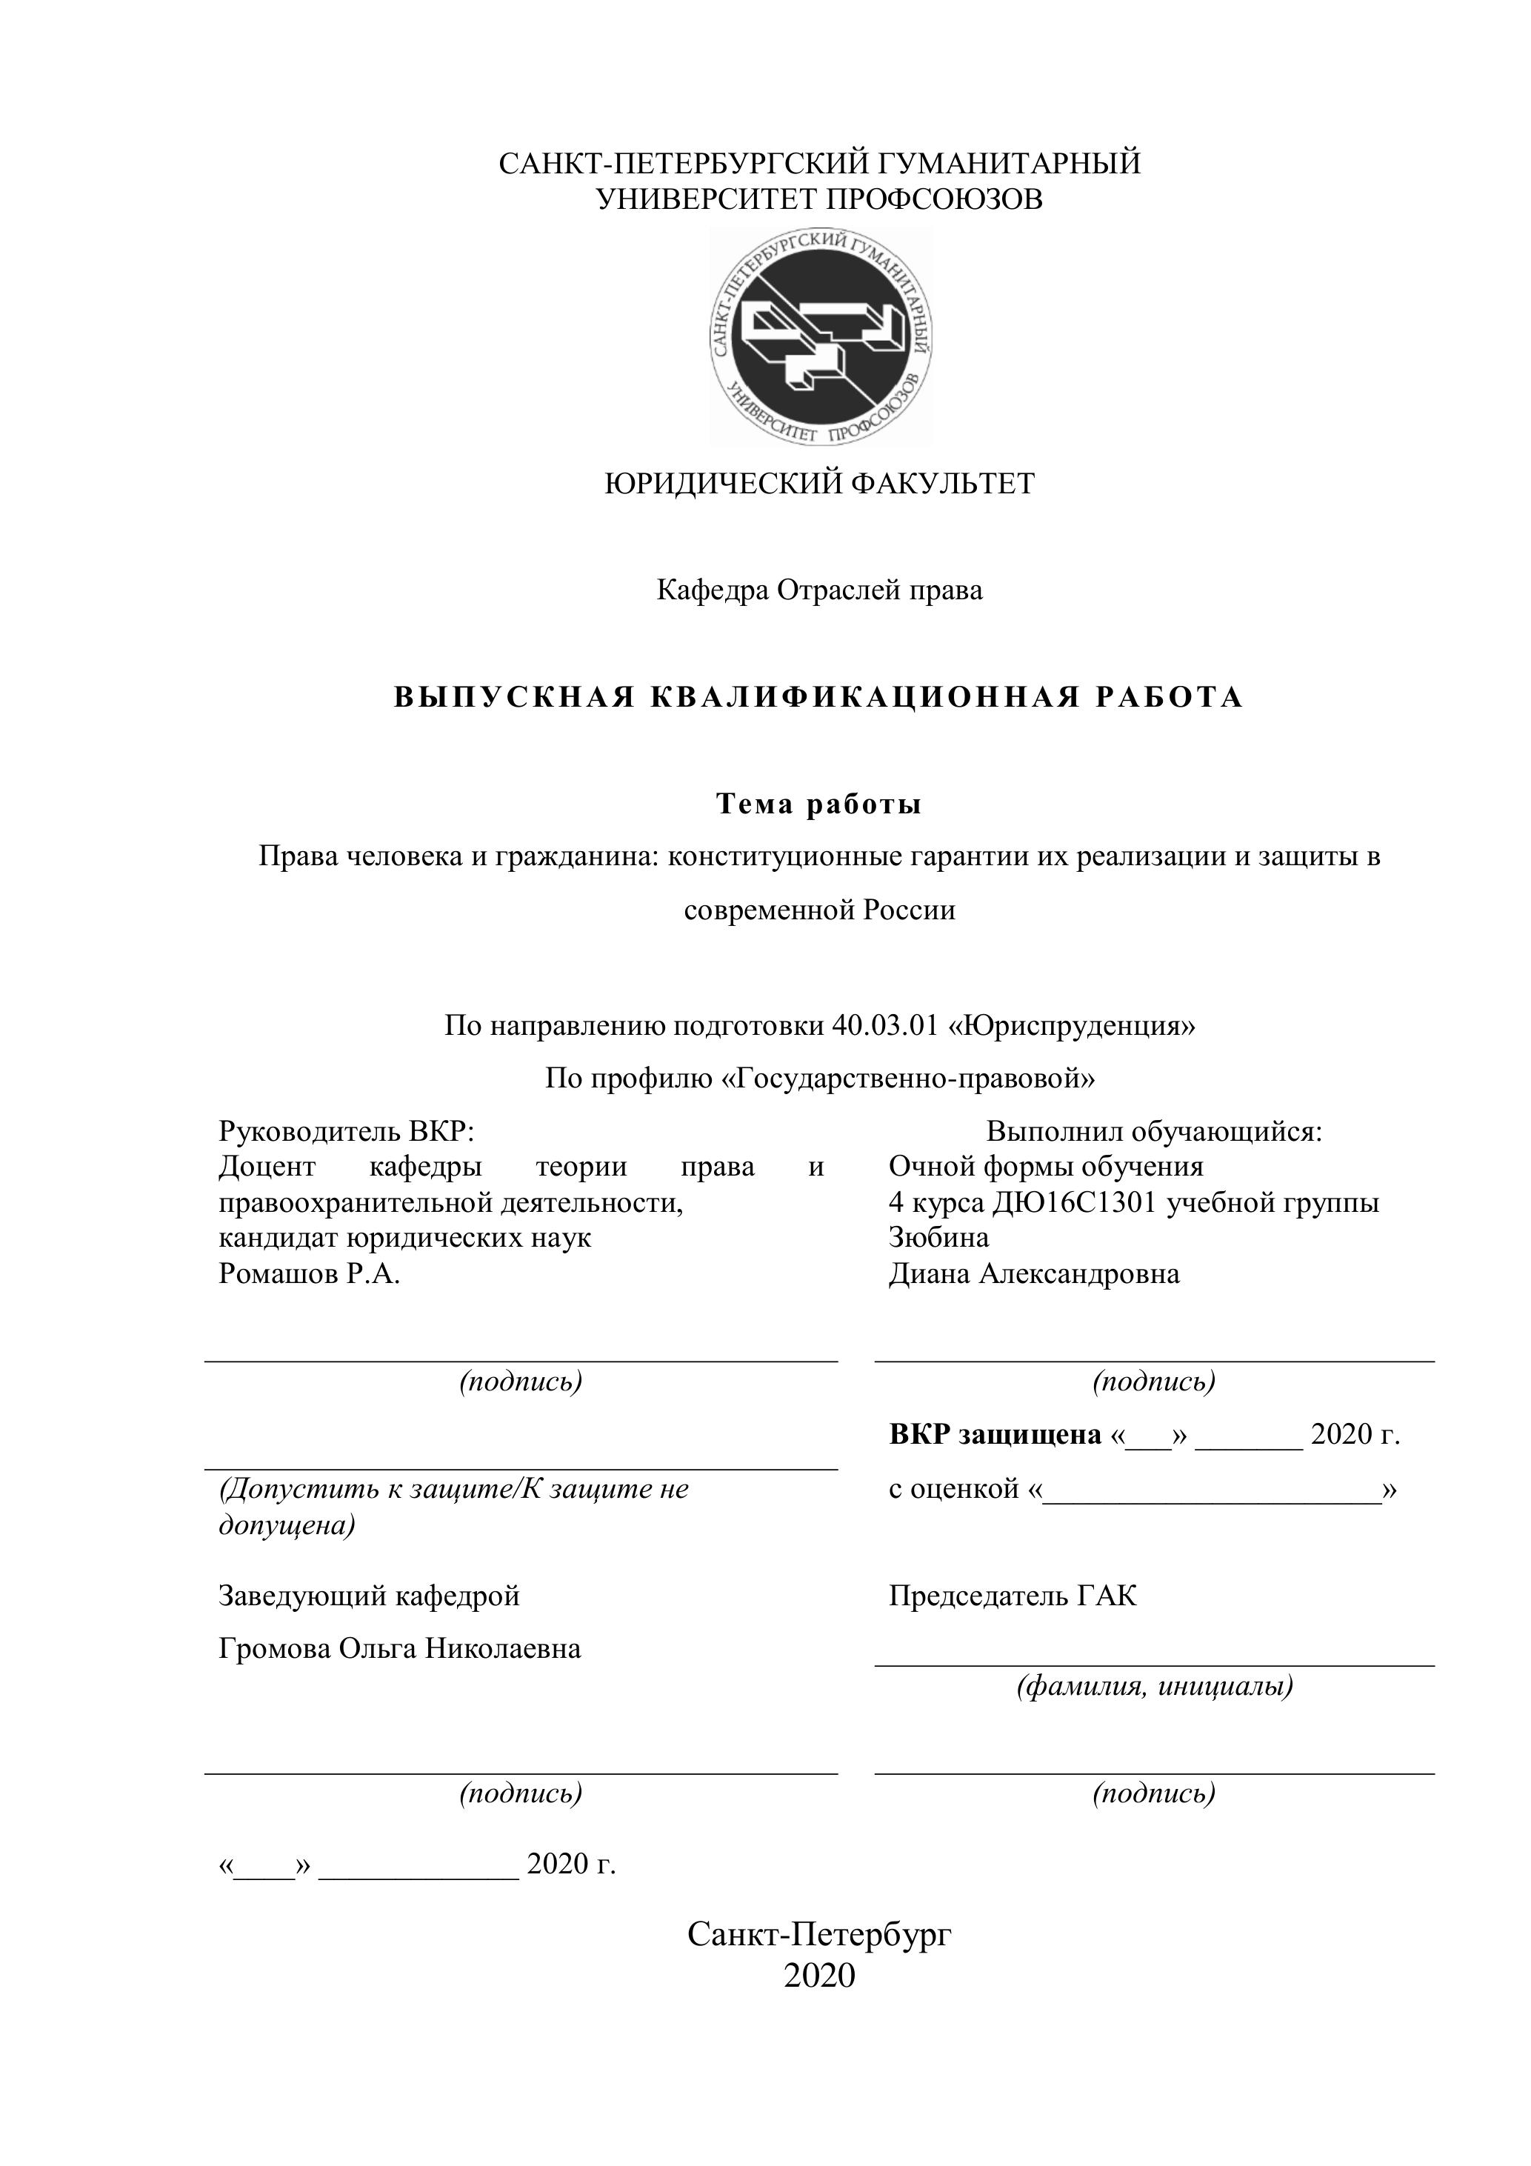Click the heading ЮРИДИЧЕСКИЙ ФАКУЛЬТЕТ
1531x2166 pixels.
coord(818,484)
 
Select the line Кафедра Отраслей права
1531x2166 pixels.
coord(818,590)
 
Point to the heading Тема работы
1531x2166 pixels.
coord(818,804)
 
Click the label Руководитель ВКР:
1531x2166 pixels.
coord(345,1130)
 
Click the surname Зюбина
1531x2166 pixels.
coord(938,1237)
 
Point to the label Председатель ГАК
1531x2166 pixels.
coord(1013,1596)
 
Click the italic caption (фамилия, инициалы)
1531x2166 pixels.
coord(1155,1685)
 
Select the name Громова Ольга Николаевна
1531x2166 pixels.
coord(400,1648)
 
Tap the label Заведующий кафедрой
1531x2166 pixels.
coord(369,1596)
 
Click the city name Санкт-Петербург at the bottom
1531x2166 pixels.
coord(818,1935)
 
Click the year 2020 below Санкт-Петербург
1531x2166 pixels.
coord(818,1976)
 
